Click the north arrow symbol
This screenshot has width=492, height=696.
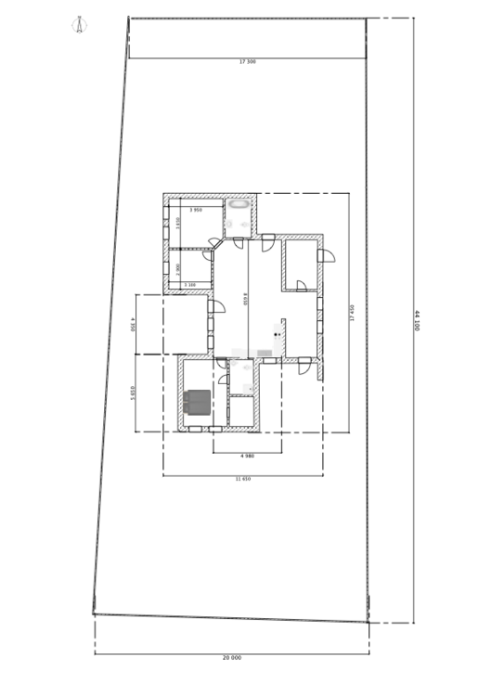pyautogui.click(x=80, y=25)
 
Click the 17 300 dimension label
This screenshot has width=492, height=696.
pyautogui.click(x=247, y=62)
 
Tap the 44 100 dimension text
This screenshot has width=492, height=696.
pyautogui.click(x=416, y=320)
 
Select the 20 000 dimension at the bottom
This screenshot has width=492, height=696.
pyautogui.click(x=231, y=657)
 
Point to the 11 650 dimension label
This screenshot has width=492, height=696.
pyautogui.click(x=243, y=479)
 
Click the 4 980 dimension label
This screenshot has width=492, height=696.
pyautogui.click(x=247, y=456)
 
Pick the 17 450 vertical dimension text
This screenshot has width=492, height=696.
pyautogui.click(x=352, y=313)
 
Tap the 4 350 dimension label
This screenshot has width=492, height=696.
pyautogui.click(x=134, y=324)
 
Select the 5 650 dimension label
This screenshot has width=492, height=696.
pyautogui.click(x=134, y=393)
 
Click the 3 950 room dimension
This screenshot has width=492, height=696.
pyautogui.click(x=196, y=211)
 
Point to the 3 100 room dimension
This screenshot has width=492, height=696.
pyautogui.click(x=189, y=285)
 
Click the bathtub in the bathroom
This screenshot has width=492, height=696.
pyautogui.click(x=240, y=203)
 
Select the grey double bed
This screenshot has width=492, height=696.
pyautogui.click(x=198, y=402)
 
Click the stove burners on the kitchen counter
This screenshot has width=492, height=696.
pyautogui.click(x=278, y=334)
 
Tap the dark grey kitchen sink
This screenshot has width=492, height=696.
pyautogui.click(x=265, y=353)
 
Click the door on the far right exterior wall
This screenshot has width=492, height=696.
pyautogui.click(x=325, y=255)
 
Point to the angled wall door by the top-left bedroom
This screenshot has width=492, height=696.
pyautogui.click(x=214, y=243)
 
